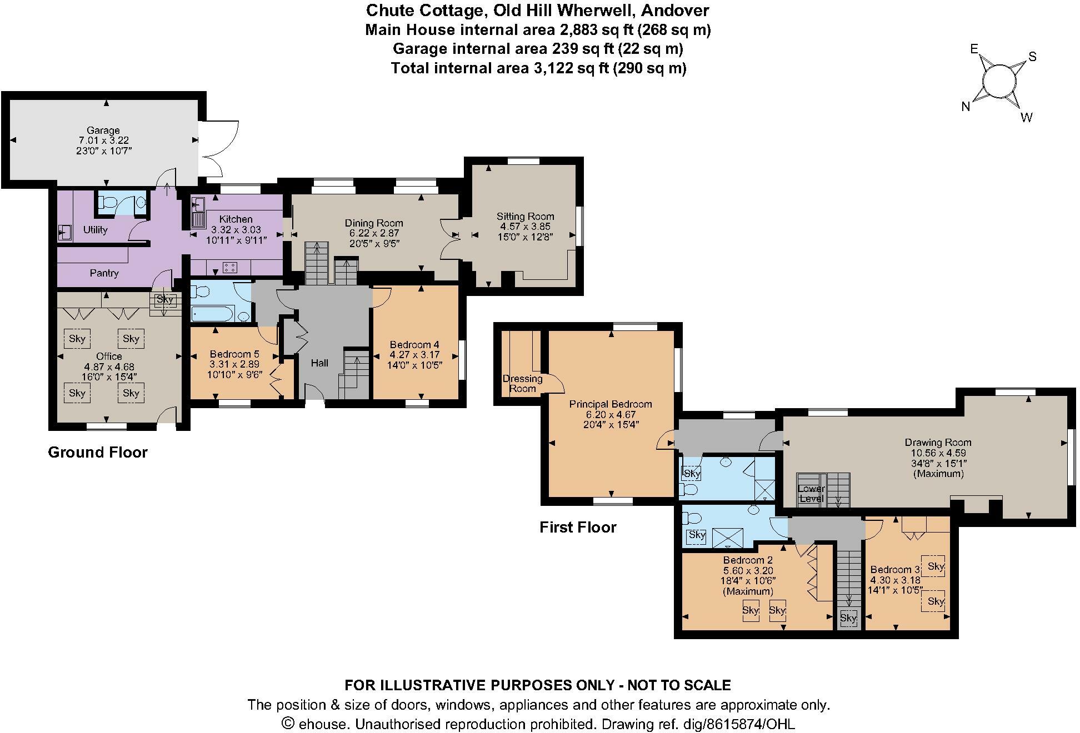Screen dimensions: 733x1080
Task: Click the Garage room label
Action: point(103,130)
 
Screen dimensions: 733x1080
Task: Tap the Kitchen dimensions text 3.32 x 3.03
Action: point(236,229)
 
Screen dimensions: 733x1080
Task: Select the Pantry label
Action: point(104,273)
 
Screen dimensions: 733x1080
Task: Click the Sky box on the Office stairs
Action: point(165,300)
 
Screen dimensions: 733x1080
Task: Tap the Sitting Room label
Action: point(525,217)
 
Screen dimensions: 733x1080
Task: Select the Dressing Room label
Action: point(522,383)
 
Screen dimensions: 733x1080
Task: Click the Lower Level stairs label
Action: point(811,493)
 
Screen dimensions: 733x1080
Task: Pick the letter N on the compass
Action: point(966,107)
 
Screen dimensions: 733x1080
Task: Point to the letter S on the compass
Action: point(1032,57)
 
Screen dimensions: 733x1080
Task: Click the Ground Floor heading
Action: point(98,452)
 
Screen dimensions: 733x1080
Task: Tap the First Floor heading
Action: point(578,527)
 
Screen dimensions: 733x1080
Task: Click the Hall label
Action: point(319,363)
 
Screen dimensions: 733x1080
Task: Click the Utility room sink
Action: point(64,232)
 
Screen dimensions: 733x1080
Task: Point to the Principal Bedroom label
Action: point(610,404)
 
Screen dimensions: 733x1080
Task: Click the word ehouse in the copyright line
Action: point(324,724)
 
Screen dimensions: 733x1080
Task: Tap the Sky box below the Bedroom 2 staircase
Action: point(848,618)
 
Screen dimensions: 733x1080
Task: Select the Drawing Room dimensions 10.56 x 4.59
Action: point(938,453)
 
